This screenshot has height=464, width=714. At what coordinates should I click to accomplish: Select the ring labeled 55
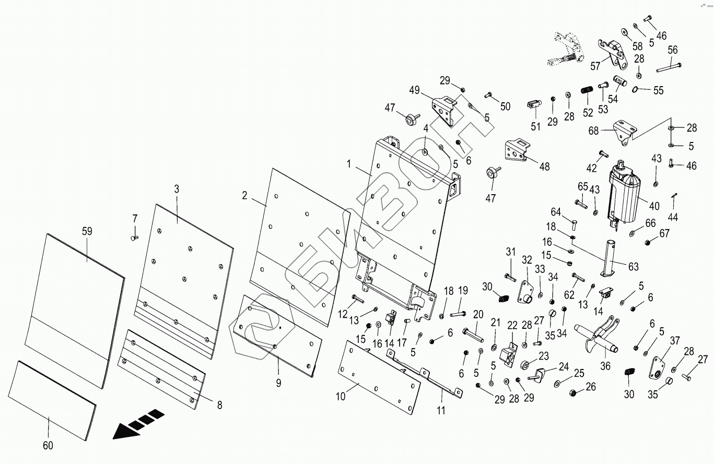pos(636,89)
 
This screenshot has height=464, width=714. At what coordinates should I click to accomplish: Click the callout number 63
pos(634,267)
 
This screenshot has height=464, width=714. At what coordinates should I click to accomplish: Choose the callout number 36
pos(605,366)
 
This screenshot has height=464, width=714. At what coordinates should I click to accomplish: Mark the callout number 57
pos(595,66)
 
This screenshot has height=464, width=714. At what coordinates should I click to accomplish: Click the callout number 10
pos(341,397)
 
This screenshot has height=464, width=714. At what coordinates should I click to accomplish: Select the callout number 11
pos(441,410)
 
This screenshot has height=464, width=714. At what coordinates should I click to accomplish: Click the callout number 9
pos(278,383)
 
